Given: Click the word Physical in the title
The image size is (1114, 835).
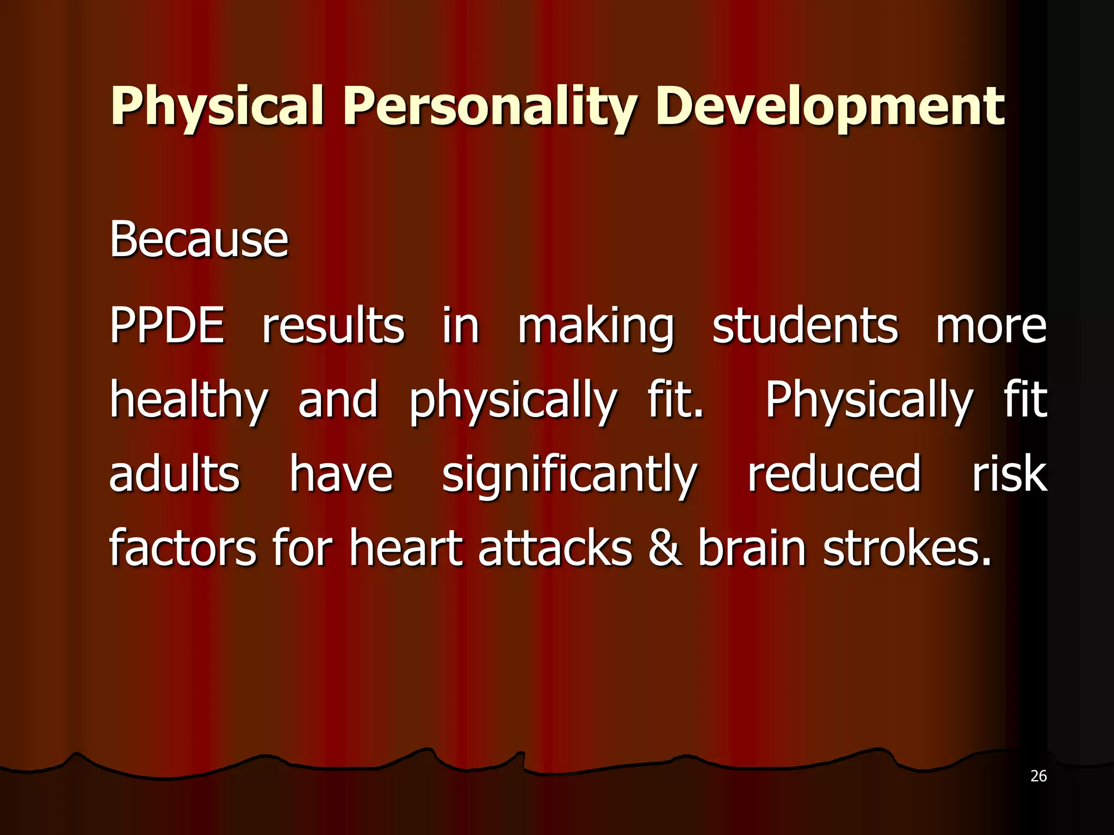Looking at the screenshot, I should click(x=217, y=107).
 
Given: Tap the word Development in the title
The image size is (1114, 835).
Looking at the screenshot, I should click(x=830, y=107).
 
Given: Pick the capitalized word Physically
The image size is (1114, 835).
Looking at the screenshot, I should click(x=869, y=401).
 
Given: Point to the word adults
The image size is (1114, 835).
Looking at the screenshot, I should click(x=174, y=474).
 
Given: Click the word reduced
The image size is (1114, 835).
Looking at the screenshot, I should click(x=834, y=474).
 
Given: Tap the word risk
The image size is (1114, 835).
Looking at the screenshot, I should click(x=1009, y=474).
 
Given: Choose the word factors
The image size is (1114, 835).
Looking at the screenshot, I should click(x=182, y=548).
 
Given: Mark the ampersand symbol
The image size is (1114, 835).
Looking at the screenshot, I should click(x=665, y=548).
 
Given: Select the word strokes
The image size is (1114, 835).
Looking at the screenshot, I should click(x=907, y=548).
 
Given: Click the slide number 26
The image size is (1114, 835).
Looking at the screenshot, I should click(x=1038, y=776).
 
